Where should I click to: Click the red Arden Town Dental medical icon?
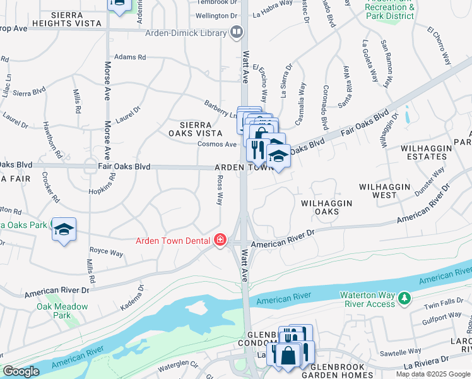220,240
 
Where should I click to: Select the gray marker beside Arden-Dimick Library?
237,31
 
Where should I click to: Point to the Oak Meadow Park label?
53,311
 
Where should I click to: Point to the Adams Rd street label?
130,57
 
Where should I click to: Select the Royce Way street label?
107,253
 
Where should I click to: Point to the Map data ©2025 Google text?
433,374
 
